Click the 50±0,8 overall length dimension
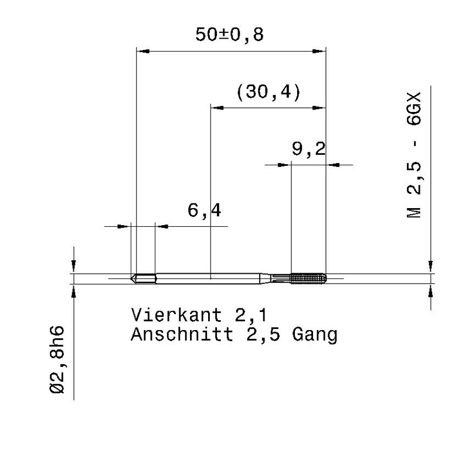229,35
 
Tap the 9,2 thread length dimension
309,149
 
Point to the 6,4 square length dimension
204,210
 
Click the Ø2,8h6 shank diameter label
57,360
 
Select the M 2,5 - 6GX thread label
414,155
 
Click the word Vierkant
176,315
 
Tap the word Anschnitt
182,334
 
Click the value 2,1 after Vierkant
251,315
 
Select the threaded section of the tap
308,278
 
